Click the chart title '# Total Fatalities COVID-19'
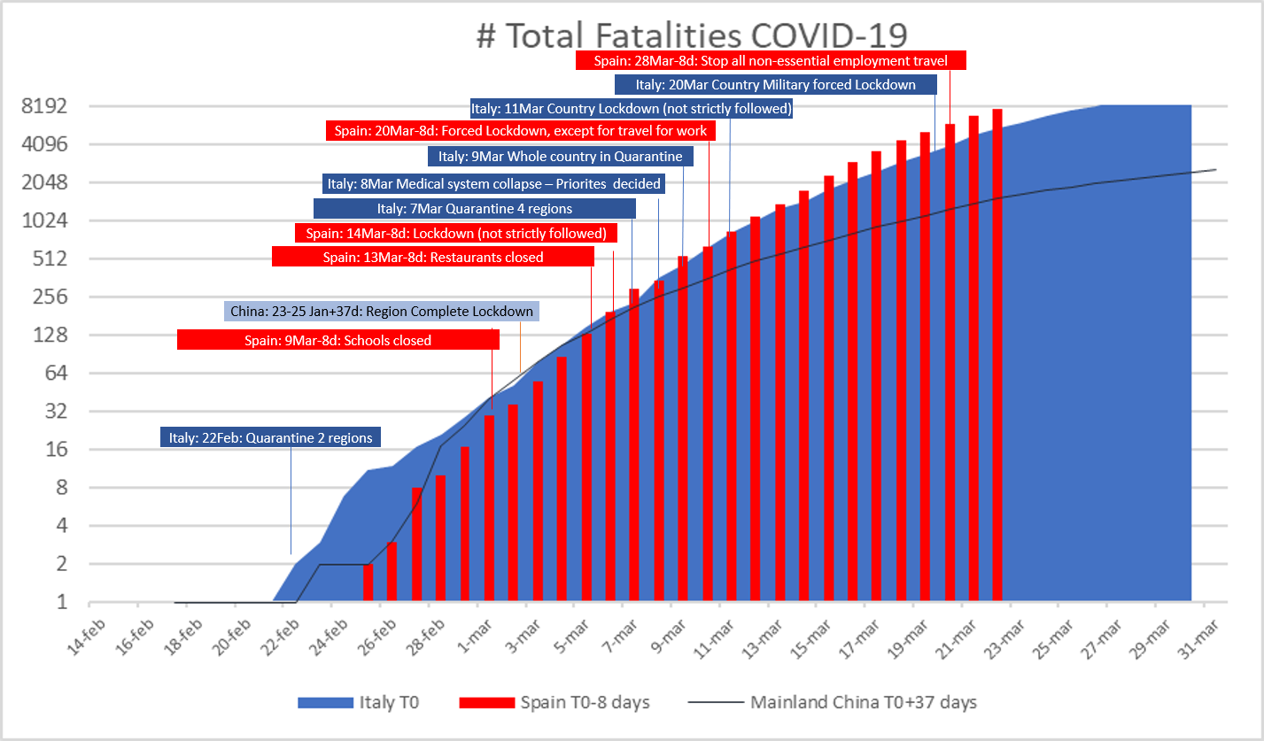click(x=692, y=35)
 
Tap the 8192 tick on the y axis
click(x=44, y=106)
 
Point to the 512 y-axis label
click(x=50, y=259)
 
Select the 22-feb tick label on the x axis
click(x=280, y=637)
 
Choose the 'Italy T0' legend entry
click(x=359, y=703)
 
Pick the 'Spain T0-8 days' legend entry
click(x=554, y=703)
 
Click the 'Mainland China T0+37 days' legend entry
click(x=833, y=703)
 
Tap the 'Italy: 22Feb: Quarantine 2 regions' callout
click(x=270, y=437)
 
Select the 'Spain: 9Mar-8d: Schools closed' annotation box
click(x=338, y=340)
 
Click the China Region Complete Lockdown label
click(x=382, y=312)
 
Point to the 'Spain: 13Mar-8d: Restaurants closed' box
click(x=433, y=257)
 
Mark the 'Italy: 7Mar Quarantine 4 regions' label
click(x=475, y=209)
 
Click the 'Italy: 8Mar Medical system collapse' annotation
click(x=493, y=184)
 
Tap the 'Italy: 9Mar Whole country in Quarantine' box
click(x=561, y=156)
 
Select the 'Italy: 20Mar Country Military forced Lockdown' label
click(x=776, y=85)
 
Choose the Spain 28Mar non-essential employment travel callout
click(x=771, y=60)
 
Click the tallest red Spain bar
click(x=997, y=355)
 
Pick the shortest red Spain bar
click(x=368, y=583)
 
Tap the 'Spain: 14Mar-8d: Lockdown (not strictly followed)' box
click(x=456, y=233)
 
